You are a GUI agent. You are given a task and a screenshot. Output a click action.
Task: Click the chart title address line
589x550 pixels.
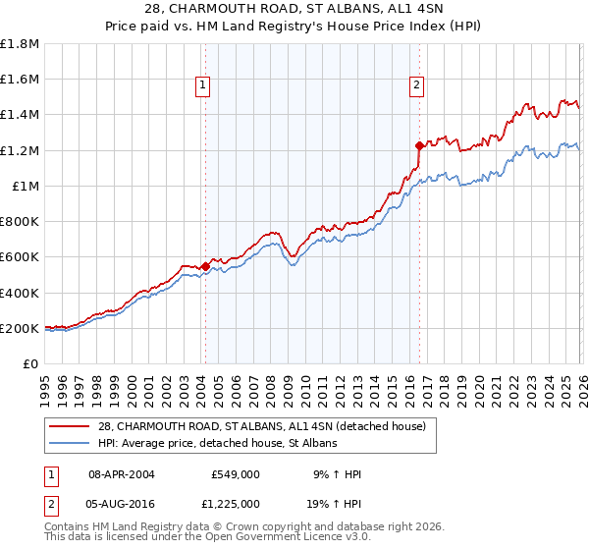click(294, 9)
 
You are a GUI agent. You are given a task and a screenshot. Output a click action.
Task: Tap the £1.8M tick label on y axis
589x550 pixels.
click(21, 43)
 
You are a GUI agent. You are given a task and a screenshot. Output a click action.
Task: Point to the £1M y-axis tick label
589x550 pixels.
click(26, 186)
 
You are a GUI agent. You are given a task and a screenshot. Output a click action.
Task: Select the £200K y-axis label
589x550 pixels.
click(21, 328)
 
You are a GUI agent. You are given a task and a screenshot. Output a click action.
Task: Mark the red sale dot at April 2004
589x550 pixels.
click(205, 266)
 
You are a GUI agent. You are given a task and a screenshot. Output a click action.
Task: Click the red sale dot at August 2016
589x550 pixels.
click(419, 145)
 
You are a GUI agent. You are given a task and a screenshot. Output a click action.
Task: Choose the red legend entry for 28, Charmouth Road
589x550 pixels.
click(261, 426)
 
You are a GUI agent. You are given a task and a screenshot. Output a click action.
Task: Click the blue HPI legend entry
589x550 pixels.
click(217, 444)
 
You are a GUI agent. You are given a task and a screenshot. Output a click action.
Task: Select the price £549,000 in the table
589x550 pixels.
click(235, 473)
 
